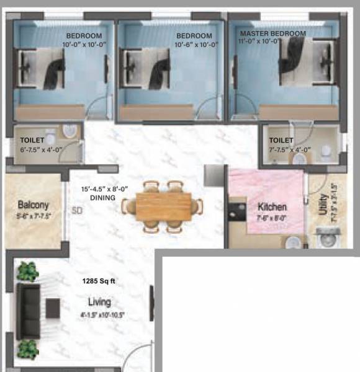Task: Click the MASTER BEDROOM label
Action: (273, 33)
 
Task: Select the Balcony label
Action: (33, 205)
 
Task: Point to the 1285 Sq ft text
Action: (99, 280)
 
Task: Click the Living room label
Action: (99, 302)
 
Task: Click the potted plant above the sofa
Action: (27, 271)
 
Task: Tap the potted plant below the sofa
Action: (27, 347)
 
